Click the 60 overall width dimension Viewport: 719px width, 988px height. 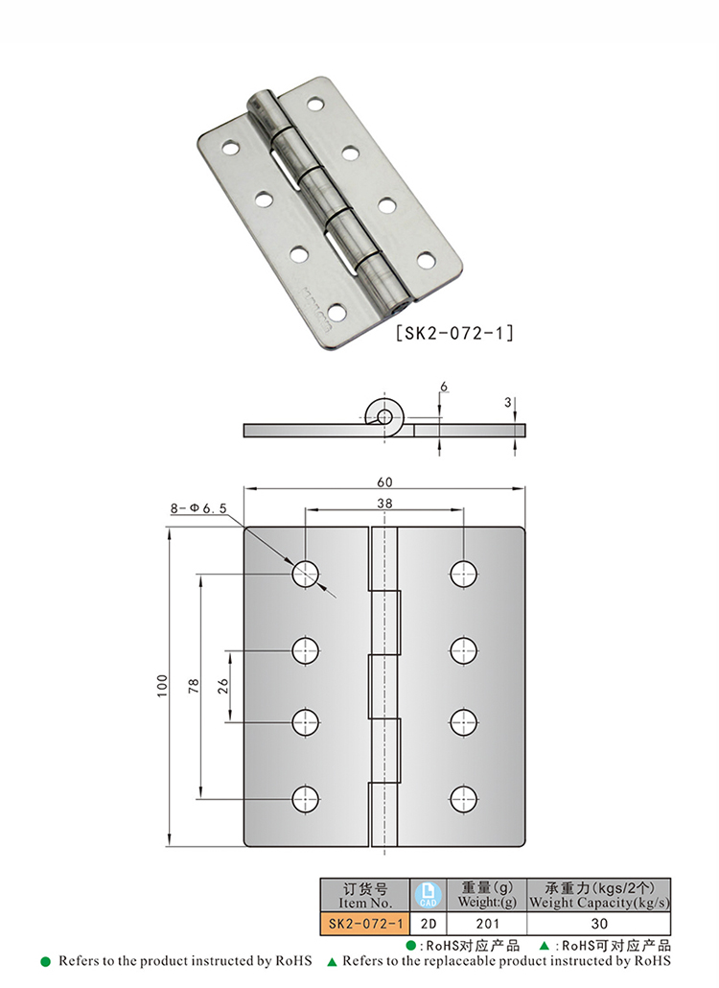[384, 482]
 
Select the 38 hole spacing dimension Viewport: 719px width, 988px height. [384, 503]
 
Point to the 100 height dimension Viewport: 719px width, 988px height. [163, 686]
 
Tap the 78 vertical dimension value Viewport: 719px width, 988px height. [194, 686]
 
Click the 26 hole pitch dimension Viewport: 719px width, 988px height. [222, 686]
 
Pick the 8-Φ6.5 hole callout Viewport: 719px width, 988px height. [198, 507]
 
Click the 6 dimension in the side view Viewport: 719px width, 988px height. [444, 387]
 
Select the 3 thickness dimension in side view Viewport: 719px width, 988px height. [507, 402]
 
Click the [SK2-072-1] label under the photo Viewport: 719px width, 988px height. [454, 333]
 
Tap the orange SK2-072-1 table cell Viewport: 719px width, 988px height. [365, 924]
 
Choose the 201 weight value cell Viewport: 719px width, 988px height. [487, 924]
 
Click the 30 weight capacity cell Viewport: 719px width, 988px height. [599, 924]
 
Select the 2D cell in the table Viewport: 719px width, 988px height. [429, 924]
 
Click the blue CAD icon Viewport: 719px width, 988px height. [429, 895]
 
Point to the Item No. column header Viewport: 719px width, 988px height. [365, 895]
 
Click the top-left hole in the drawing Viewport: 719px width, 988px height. [306, 574]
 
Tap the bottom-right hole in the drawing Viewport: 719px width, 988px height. [463, 799]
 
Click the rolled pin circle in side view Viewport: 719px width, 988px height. [383, 415]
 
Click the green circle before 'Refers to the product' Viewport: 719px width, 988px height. [45, 961]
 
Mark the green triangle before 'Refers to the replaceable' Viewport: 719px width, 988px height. [332, 962]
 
